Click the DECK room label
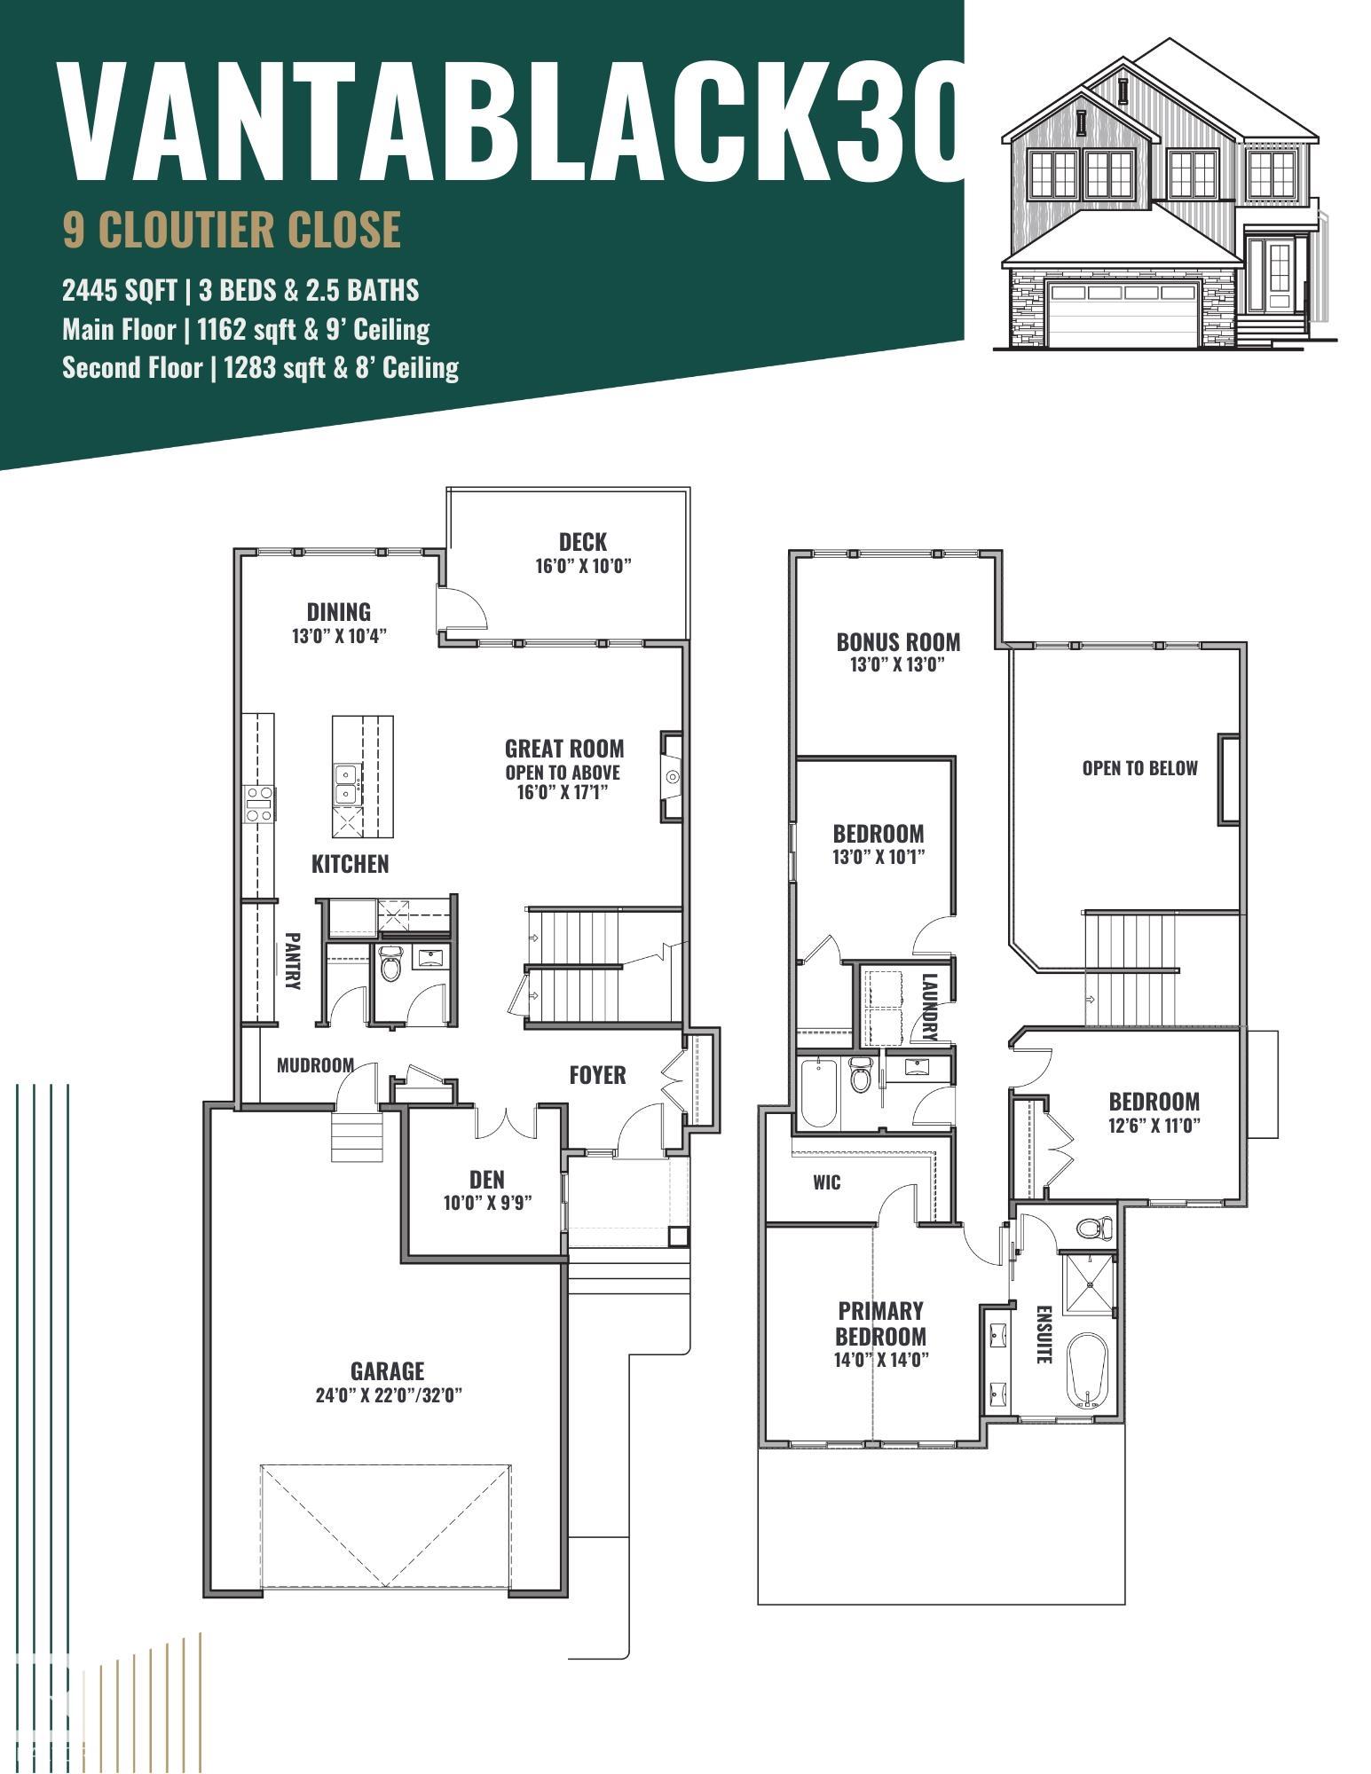(x=583, y=541)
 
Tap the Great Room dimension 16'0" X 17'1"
(x=563, y=791)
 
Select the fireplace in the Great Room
(x=671, y=777)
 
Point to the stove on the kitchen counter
(x=259, y=804)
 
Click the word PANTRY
(x=292, y=960)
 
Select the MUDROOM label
(x=315, y=1064)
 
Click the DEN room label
(x=486, y=1179)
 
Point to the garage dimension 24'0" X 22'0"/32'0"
(x=389, y=1395)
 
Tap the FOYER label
(x=597, y=1075)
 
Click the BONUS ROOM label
(x=898, y=641)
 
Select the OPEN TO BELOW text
(x=1139, y=767)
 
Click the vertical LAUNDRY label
(x=929, y=1006)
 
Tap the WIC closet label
(x=826, y=1182)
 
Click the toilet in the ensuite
(x=1094, y=1228)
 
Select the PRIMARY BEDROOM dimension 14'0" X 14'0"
(x=881, y=1360)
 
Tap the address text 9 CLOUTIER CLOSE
(x=232, y=229)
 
